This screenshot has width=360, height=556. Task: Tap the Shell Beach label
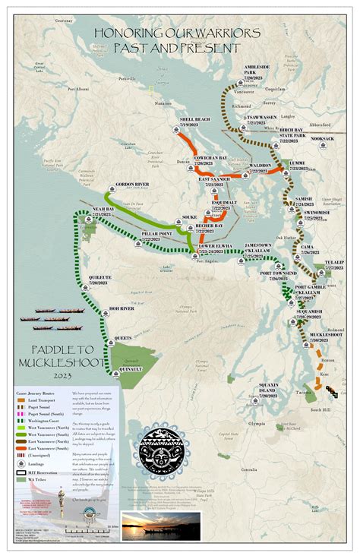pos(194,119)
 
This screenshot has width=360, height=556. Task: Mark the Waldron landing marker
pos(259,176)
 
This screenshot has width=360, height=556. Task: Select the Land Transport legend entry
pos(39,402)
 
